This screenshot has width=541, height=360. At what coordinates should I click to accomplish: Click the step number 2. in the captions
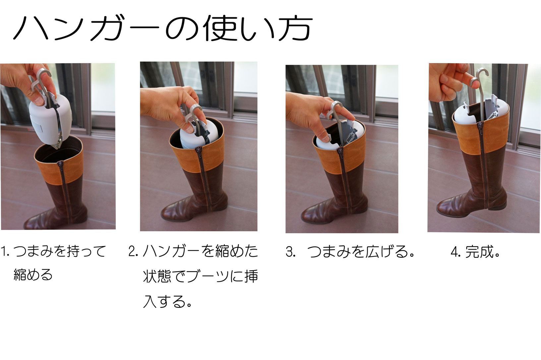coord(133,252)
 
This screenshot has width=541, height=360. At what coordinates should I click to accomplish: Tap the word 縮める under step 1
coord(33,275)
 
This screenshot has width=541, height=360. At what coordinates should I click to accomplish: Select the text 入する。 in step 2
coord(167,301)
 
